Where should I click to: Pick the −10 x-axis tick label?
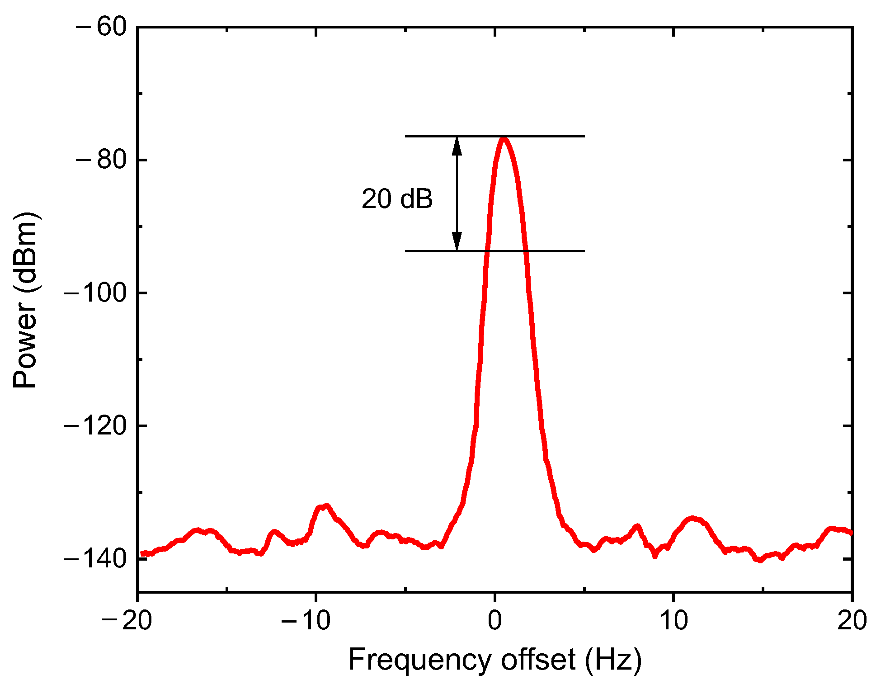[306, 620]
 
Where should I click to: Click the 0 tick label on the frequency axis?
[495, 620]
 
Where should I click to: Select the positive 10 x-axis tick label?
[673, 620]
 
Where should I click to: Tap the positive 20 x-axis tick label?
[852, 620]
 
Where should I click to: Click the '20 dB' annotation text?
[397, 199]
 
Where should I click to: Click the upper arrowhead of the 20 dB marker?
[457, 145]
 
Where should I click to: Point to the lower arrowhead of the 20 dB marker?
[457, 242]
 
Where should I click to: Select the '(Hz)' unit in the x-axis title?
[613, 660]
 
